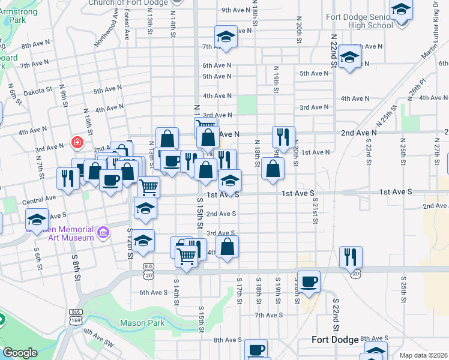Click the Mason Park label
tap(142, 323)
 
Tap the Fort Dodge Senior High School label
tap(360, 21)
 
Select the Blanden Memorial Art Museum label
tap(60, 233)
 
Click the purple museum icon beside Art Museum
tap(103, 232)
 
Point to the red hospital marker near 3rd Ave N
tap(77, 142)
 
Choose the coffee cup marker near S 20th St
tap(309, 281)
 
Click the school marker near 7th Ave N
tap(226, 37)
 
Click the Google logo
tap(20, 353)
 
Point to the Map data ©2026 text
tap(423, 355)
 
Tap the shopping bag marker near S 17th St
tap(228, 246)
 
